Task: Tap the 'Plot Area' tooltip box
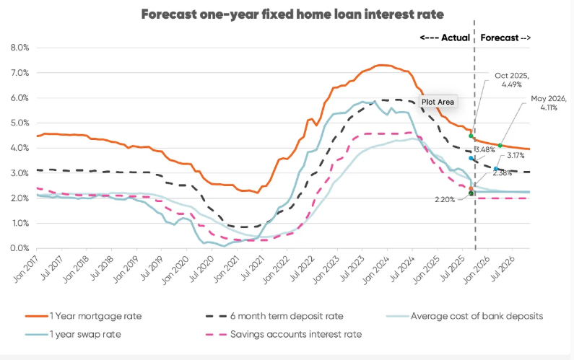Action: (438, 102)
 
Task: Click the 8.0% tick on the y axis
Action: (19, 48)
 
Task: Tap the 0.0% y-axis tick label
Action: (19, 248)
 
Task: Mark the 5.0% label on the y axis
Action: (19, 123)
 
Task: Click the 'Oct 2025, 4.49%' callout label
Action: (511, 79)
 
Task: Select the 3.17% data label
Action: (515, 155)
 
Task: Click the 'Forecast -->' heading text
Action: (505, 38)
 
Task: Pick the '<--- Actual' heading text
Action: (445, 38)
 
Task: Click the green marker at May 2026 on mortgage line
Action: (500, 145)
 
